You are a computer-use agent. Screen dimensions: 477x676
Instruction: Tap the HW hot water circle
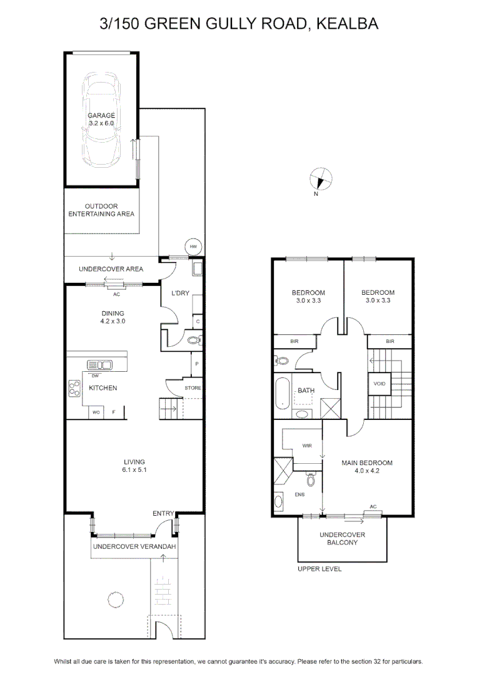click(193, 247)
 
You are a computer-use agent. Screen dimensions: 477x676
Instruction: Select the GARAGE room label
click(101, 115)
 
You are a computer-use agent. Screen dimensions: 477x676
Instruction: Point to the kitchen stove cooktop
click(74, 388)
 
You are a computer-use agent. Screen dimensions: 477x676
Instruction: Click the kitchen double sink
click(99, 365)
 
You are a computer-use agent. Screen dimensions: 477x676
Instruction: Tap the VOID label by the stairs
click(379, 383)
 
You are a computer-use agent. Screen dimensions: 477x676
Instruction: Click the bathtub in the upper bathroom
click(283, 393)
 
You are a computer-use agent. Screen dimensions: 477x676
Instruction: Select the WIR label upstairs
click(307, 446)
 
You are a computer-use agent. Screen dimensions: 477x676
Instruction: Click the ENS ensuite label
click(299, 494)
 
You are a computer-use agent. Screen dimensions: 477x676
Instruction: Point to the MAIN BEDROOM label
click(367, 463)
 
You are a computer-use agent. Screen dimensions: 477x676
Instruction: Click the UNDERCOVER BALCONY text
click(342, 538)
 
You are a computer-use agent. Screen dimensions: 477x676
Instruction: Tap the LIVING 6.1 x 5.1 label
click(134, 466)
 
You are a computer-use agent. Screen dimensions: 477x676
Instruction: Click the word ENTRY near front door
click(163, 513)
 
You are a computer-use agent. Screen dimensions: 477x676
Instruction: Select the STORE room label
click(193, 388)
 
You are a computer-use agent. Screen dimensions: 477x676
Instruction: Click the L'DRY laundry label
click(181, 293)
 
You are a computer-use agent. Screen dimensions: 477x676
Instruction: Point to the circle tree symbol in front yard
click(116, 599)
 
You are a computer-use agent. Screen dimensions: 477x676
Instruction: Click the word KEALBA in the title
click(348, 24)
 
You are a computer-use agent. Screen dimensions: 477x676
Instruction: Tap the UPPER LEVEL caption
click(319, 569)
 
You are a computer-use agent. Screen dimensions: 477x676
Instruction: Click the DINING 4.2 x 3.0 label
click(113, 317)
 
